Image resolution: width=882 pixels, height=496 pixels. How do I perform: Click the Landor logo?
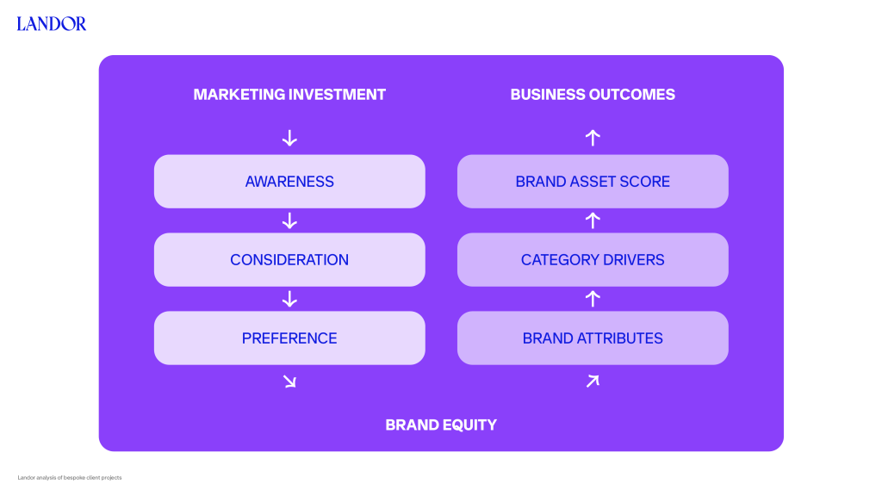[x=51, y=23]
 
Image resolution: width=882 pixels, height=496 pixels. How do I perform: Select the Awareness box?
[x=289, y=181]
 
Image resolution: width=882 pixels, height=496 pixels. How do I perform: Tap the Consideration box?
[x=289, y=260]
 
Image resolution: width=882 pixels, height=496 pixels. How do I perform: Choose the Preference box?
[x=289, y=338]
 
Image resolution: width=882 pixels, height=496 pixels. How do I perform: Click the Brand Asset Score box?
[x=593, y=181]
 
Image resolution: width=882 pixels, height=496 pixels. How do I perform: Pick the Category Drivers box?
[x=593, y=260]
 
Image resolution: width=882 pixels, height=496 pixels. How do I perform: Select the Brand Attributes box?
[x=593, y=338]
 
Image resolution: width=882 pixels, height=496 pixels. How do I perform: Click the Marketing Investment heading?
[x=289, y=95]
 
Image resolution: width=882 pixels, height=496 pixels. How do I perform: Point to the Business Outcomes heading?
[x=593, y=95]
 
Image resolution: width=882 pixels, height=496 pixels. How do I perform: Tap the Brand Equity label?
[x=441, y=425]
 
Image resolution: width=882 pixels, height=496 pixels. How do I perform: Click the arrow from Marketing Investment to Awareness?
[x=289, y=138]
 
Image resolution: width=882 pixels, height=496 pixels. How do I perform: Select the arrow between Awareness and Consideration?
[x=289, y=220]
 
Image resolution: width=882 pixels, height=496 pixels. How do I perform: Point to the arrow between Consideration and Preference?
[x=289, y=299]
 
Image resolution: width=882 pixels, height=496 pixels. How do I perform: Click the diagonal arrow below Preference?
[x=289, y=381]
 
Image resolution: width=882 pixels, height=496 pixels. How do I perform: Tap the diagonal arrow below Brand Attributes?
[x=593, y=381]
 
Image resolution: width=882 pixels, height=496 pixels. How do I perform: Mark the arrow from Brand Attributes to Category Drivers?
[x=593, y=299]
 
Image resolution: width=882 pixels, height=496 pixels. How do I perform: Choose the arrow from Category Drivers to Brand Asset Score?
[x=593, y=220]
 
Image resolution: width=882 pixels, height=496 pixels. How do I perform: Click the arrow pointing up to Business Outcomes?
[x=593, y=138]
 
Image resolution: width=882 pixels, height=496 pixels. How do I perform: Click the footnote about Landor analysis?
[x=69, y=477]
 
